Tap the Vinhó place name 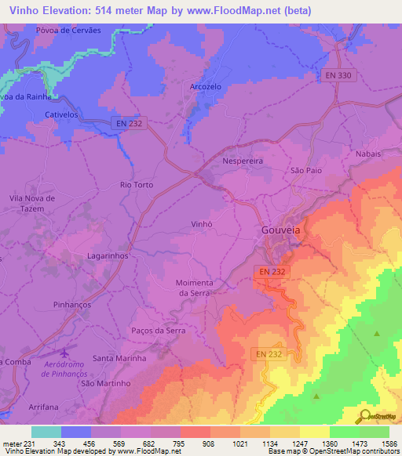point(203,223)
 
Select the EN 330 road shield point(338,75)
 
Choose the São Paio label point(306,169)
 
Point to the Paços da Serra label point(159,331)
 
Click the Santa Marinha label point(120,358)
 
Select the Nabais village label point(368,154)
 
